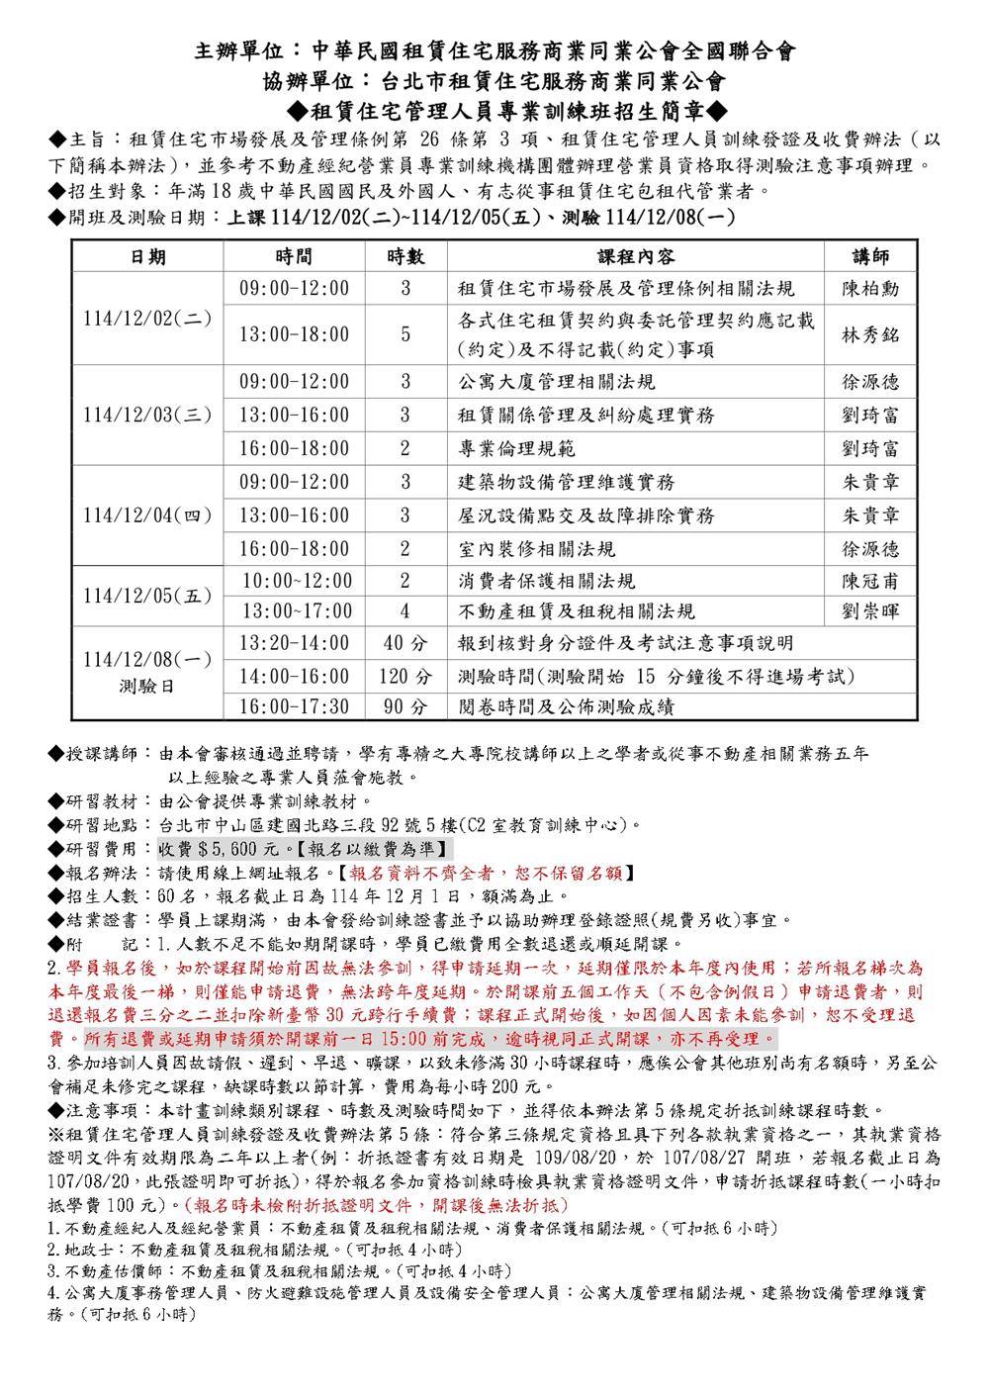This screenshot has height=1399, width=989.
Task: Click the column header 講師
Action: (870, 256)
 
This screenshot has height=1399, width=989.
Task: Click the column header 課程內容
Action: (636, 256)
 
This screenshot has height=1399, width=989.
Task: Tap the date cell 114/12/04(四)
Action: (147, 515)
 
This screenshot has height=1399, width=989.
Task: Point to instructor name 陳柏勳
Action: (870, 289)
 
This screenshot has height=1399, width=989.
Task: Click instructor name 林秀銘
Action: (870, 334)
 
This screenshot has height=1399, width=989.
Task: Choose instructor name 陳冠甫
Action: (870, 581)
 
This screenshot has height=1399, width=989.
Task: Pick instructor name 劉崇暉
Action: (870, 611)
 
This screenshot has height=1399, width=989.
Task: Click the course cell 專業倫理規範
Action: (516, 449)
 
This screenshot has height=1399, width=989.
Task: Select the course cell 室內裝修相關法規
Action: (536, 548)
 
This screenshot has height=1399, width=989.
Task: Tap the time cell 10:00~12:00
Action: (296, 581)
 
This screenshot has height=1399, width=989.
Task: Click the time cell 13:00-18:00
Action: (295, 334)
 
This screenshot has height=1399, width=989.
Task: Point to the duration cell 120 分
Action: (405, 677)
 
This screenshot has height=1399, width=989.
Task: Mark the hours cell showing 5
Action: (405, 334)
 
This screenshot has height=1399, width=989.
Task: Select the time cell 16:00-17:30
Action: (295, 707)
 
